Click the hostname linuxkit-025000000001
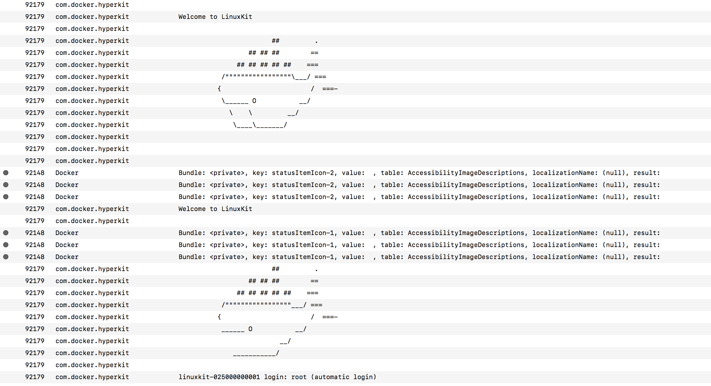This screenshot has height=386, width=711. [219, 377]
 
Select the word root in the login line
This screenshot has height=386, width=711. [299, 377]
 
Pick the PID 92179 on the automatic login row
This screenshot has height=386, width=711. [35, 377]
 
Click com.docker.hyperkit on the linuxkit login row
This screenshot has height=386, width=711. [92, 377]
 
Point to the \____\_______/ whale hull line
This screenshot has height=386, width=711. [260, 125]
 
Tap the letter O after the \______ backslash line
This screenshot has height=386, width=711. [254, 101]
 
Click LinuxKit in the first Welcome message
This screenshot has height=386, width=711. [237, 17]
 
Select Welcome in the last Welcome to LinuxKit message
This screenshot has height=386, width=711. [192, 209]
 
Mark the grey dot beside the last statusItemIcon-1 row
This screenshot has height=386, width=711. [6, 257]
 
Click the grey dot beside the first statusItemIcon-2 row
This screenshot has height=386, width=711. [6, 173]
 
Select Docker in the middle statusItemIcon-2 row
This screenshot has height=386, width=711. [67, 185]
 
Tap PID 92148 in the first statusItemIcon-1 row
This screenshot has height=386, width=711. [35, 233]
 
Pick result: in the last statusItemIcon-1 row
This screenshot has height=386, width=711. [646, 257]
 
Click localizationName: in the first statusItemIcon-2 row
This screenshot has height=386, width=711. [565, 173]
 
